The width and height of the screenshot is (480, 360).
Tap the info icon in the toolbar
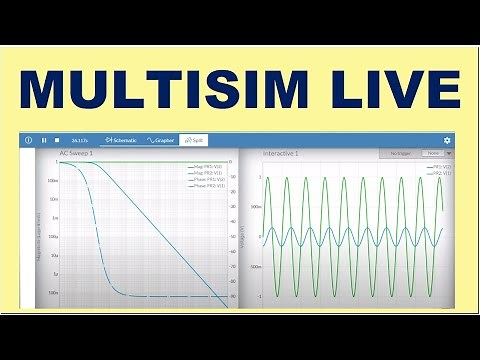[x=28, y=140]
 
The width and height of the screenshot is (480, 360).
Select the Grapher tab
[x=160, y=140]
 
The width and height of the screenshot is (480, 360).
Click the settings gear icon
[x=447, y=140]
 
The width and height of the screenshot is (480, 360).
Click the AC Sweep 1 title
[x=77, y=154]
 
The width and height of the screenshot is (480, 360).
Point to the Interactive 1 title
[x=281, y=154]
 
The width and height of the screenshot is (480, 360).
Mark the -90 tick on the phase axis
[x=233, y=296]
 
